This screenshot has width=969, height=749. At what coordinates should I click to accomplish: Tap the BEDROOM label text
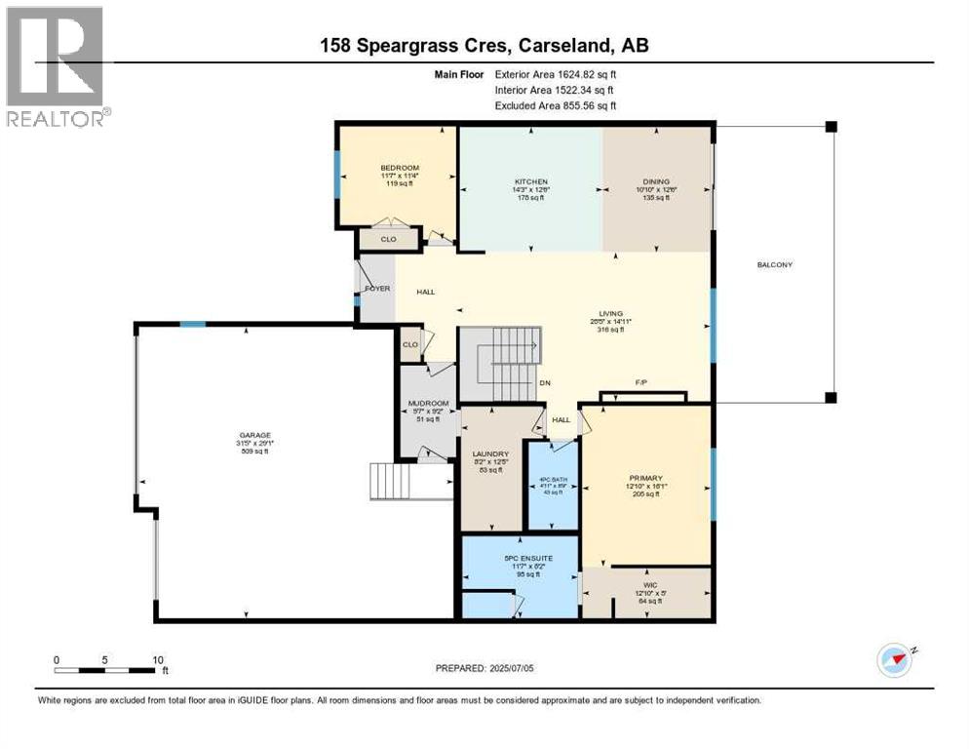400,168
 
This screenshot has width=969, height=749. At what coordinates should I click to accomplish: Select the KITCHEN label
531,181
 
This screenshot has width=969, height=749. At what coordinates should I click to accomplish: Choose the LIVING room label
611,313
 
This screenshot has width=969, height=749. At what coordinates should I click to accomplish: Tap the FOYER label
377,289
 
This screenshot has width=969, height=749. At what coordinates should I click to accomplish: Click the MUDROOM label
428,404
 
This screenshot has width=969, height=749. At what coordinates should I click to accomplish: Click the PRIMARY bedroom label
645,478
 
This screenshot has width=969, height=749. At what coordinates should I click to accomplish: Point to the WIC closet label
646,584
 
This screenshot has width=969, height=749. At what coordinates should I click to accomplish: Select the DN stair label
545,382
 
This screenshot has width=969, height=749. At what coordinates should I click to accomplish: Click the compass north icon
894,660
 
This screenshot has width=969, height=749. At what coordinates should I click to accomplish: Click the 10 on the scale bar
158,659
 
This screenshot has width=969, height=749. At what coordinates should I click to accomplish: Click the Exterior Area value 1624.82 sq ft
579,73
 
